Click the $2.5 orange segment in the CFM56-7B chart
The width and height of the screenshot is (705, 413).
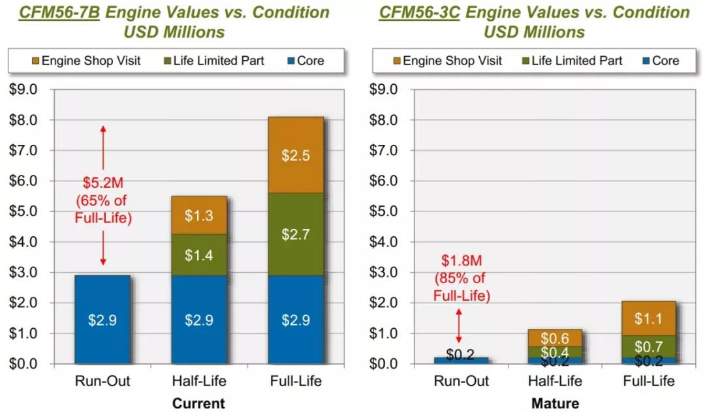[x=295, y=155]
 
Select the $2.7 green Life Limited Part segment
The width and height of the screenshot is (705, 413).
[x=295, y=234]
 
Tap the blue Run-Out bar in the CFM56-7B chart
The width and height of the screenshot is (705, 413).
[x=102, y=319]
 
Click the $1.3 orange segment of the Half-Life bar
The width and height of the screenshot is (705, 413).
[x=198, y=215]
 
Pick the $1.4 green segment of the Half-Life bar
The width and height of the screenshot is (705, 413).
[x=198, y=255]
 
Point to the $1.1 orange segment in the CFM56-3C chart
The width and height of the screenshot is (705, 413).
[x=648, y=318]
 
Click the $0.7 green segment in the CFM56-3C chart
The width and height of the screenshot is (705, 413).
[x=648, y=347]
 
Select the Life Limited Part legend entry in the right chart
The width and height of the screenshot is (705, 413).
[x=571, y=61]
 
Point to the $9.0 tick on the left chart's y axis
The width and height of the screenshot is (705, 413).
[x=25, y=89]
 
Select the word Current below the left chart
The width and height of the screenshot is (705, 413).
[x=198, y=403]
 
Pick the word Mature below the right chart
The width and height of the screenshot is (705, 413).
[x=555, y=403]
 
